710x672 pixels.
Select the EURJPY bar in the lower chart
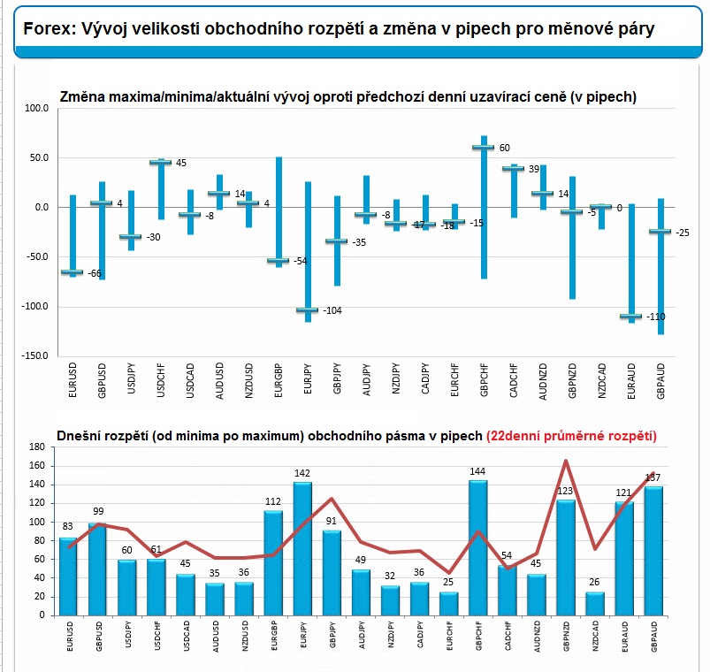tap(302, 548)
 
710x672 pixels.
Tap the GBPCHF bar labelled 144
tap(478, 547)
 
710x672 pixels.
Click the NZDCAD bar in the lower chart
tap(594, 603)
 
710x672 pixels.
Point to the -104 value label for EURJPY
tap(332, 310)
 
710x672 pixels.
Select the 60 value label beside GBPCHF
tap(504, 148)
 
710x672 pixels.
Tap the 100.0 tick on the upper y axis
tap(36, 108)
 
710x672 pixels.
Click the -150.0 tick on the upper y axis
tap(34, 355)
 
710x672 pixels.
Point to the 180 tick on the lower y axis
tap(37, 447)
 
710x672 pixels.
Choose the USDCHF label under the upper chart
tap(161, 380)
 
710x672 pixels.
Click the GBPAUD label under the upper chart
tap(660, 381)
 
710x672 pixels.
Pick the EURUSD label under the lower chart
tap(70, 637)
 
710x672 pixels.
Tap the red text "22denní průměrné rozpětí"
tap(571, 436)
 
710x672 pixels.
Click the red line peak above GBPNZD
tap(566, 461)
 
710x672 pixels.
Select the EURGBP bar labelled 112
tap(273, 563)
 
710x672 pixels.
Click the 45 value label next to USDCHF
tap(181, 163)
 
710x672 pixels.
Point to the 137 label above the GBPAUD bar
tap(653, 477)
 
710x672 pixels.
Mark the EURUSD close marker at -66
tap(72, 272)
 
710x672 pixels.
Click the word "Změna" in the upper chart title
tap(80, 97)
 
